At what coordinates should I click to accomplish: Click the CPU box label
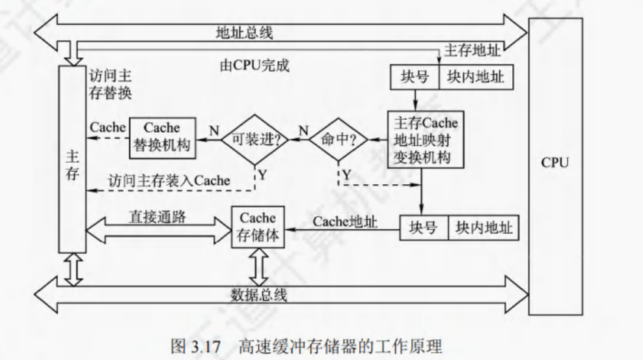click(554, 162)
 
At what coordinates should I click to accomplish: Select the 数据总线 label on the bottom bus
click(259, 294)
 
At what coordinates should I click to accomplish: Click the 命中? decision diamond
click(337, 139)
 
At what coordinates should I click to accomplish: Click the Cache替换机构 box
click(161, 136)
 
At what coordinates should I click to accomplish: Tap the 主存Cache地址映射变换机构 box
click(422, 139)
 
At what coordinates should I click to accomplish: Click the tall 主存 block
click(72, 159)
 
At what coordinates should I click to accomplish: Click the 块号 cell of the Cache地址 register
click(423, 229)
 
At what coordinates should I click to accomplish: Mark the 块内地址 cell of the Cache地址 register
click(484, 229)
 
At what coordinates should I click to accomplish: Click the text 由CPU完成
click(254, 65)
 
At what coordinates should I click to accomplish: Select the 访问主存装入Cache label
click(169, 180)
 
